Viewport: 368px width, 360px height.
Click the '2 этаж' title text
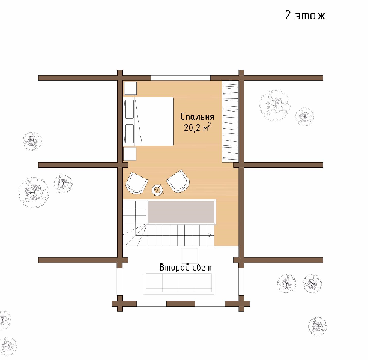pos(305,15)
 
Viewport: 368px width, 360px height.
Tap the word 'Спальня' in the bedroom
pos(198,117)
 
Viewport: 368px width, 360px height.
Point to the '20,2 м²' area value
pos(197,128)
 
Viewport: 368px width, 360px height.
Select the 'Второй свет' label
pos(186,268)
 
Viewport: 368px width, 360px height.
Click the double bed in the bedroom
pos(148,121)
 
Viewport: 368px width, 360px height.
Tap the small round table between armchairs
pos(158,190)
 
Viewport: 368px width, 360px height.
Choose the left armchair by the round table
pos(136,183)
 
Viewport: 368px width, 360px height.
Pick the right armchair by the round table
pos(178,182)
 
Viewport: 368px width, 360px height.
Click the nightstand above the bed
pos(130,88)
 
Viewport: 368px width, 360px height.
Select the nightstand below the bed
pos(130,154)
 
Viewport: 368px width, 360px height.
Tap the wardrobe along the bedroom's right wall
pos(231,121)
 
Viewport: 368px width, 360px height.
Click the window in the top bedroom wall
pos(181,78)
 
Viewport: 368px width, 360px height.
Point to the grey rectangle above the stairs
pos(181,212)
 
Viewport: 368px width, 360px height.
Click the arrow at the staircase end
pos(210,235)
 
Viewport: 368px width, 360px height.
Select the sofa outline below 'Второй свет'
pos(179,283)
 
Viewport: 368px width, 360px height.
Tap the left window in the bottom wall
pos(152,304)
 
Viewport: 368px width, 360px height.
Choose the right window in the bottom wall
pos(210,304)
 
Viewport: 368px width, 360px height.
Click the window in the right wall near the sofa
pos(241,281)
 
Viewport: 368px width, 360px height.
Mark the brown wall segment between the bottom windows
pos(181,304)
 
